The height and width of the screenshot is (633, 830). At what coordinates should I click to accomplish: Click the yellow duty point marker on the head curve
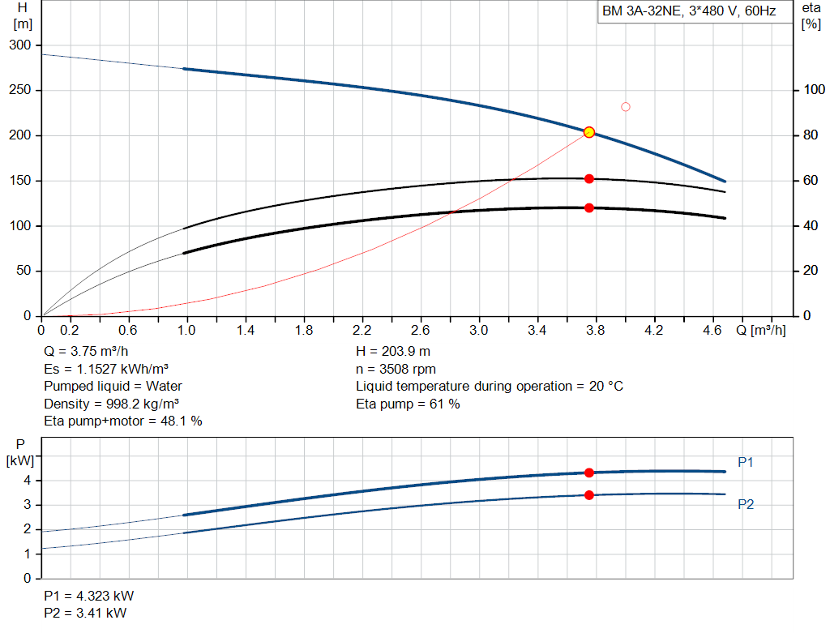589,132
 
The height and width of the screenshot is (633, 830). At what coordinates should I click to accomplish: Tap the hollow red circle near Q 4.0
626,107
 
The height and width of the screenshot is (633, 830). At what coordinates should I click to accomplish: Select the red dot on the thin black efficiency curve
589,179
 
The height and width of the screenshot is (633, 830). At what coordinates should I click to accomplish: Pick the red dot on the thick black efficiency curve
589,208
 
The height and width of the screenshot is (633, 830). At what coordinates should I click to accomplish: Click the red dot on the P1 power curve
589,473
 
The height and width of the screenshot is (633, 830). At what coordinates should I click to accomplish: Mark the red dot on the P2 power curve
589,495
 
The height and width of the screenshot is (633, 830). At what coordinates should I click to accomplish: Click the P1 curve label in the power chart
746,462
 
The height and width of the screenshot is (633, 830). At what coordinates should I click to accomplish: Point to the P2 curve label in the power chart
746,504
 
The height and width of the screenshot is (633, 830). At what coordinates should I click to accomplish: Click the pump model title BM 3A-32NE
642,11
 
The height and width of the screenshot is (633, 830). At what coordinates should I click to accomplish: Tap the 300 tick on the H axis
20,45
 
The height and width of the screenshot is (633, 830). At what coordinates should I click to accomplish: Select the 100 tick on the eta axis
814,90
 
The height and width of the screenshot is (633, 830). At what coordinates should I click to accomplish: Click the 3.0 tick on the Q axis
478,330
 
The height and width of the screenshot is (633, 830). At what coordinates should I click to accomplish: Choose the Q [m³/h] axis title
760,330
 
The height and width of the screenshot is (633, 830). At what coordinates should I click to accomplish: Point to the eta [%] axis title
811,16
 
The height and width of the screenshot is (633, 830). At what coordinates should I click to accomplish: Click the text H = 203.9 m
393,352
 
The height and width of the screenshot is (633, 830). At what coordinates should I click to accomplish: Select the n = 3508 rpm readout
396,369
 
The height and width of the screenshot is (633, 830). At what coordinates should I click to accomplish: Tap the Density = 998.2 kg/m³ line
111,404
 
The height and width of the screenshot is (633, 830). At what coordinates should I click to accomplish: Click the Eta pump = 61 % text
408,404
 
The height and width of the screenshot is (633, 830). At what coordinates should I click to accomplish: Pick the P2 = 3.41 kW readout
85,613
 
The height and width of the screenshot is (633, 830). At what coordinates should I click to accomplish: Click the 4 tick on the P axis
28,481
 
